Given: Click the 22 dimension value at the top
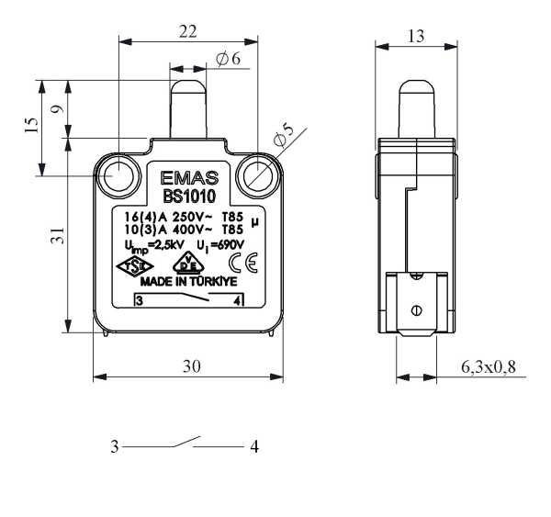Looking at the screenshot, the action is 188,32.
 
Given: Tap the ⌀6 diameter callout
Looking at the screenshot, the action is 229,59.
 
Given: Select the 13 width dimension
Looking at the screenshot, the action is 416,36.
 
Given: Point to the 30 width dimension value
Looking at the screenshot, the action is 192,366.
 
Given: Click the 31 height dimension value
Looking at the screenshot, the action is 57,235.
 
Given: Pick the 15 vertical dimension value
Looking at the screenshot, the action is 31,125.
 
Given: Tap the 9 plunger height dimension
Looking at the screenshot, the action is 58,109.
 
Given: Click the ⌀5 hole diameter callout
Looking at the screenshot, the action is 283,135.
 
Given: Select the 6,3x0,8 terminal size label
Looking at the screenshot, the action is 489,367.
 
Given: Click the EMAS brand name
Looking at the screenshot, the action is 189,178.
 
